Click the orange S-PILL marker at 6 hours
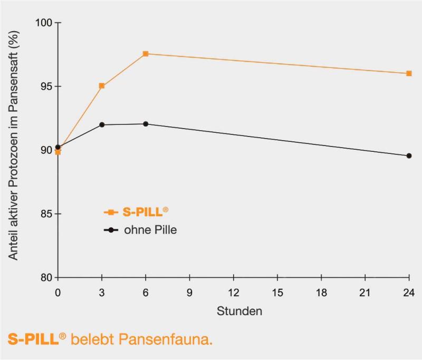pyautogui.click(x=146, y=54)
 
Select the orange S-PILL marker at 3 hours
pyautogui.click(x=102, y=85)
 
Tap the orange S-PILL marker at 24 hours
pyautogui.click(x=409, y=73)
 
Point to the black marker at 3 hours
pyautogui.click(x=102, y=125)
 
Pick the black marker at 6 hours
pyautogui.click(x=146, y=124)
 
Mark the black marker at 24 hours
pyautogui.click(x=409, y=155)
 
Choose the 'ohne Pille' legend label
pyautogui.click(x=150, y=230)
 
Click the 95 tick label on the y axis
pyautogui.click(x=46, y=86)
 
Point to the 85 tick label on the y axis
pyautogui.click(x=46, y=214)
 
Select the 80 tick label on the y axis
pyautogui.click(x=46, y=278)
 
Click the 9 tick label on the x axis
pyautogui.click(x=189, y=292)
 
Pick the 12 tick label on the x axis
pyautogui.click(x=233, y=292)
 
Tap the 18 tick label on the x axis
pyautogui.click(x=321, y=292)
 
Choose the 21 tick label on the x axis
pyautogui.click(x=365, y=292)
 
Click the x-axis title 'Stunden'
pyautogui.click(x=239, y=311)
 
